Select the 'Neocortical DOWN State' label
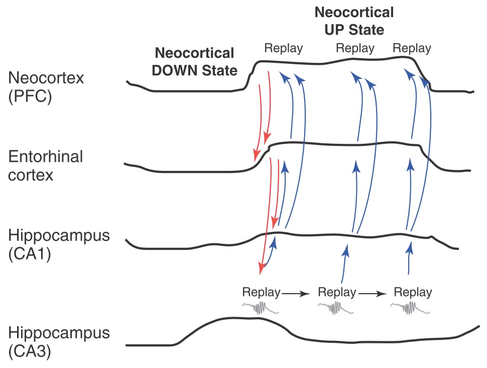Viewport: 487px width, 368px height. (x=195, y=62)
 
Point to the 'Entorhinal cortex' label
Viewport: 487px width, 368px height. (x=45, y=166)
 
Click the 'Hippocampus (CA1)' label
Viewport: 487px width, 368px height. (x=59, y=245)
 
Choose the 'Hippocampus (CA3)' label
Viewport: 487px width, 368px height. (x=59, y=342)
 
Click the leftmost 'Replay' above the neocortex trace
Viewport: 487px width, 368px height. (x=284, y=49)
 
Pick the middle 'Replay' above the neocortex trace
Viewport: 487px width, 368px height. (x=355, y=49)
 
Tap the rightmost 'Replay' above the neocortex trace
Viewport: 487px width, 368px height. (x=412, y=49)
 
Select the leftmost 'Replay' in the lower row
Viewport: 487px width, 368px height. (x=261, y=292)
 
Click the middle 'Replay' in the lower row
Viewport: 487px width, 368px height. (x=337, y=292)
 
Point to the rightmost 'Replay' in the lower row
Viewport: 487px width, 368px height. (x=413, y=292)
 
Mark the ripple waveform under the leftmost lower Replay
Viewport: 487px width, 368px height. (x=261, y=308)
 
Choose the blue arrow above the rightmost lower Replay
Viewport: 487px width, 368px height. (x=409, y=259)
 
